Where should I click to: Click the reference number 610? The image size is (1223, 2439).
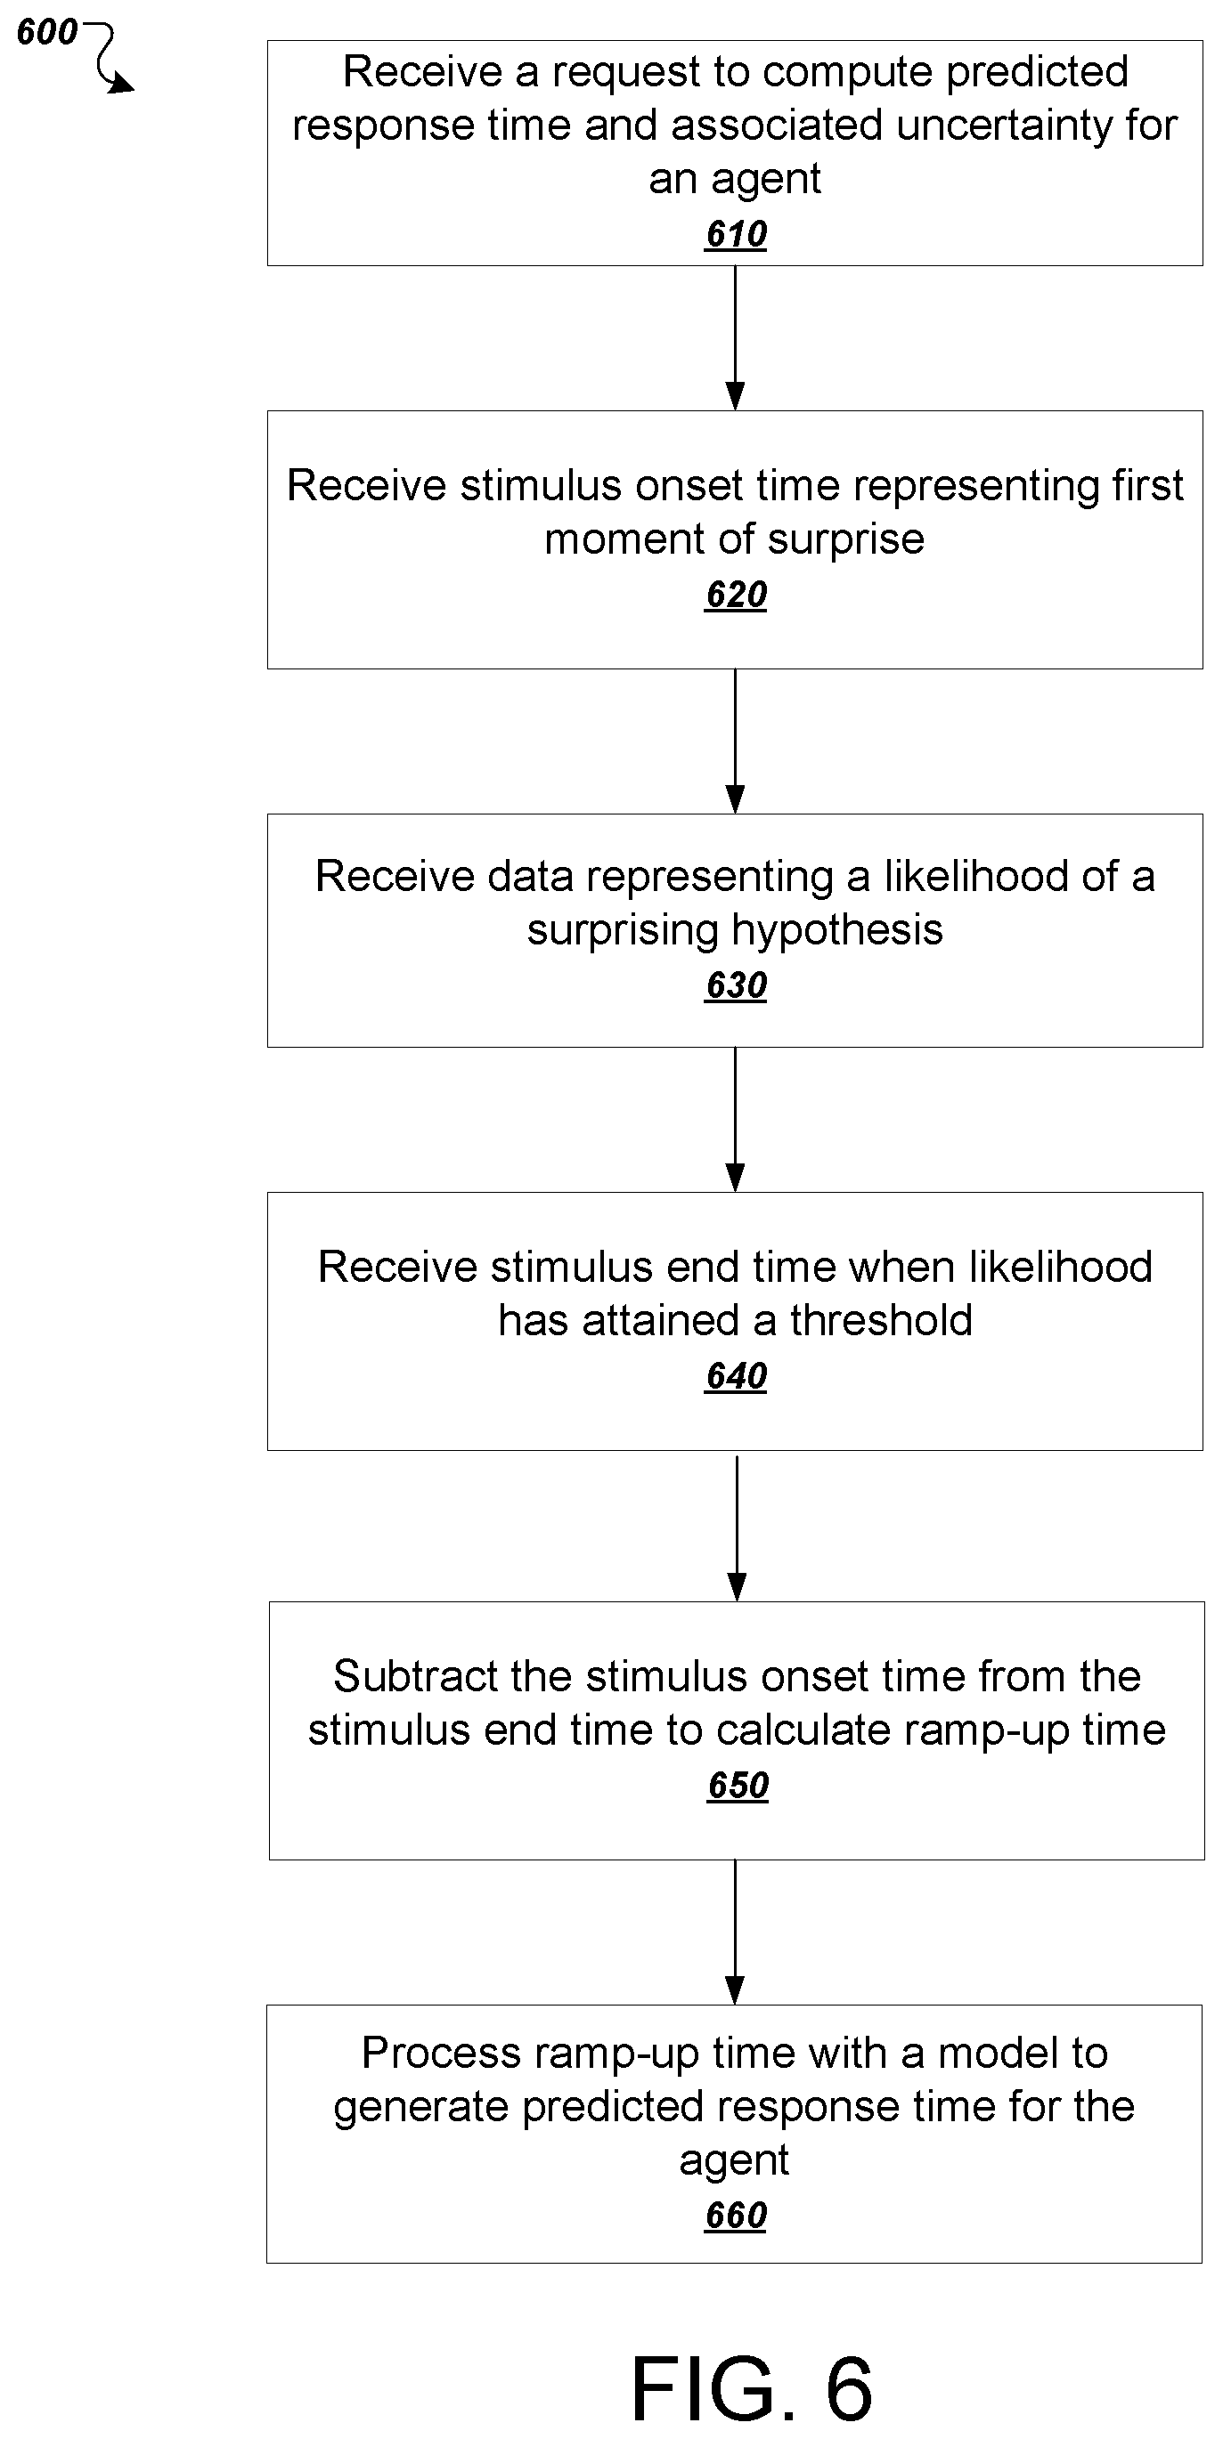point(736,234)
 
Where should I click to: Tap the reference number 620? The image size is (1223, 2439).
point(736,595)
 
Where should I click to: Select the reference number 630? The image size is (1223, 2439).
point(736,985)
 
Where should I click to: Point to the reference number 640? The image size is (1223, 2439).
point(736,1376)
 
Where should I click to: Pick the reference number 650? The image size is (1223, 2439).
point(738,1785)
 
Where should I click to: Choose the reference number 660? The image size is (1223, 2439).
point(736,2216)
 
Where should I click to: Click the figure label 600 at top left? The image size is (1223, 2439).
point(47,32)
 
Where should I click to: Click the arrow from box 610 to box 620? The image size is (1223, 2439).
point(735,338)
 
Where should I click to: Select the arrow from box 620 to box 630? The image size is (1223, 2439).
point(735,741)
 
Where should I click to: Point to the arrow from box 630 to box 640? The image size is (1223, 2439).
point(735,1119)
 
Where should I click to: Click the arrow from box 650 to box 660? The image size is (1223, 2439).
point(735,1933)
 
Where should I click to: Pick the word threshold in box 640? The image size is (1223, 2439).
point(881,1320)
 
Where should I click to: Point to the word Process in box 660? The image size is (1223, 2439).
point(443,2053)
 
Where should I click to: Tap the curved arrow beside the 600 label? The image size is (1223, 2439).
point(111,57)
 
